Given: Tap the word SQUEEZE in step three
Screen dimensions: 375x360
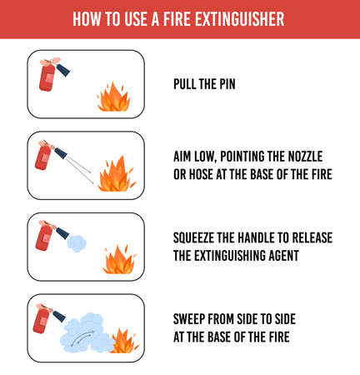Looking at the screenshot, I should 200,237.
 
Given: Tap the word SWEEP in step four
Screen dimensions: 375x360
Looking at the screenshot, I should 192,319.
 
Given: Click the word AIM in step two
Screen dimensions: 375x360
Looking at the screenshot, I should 184,157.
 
